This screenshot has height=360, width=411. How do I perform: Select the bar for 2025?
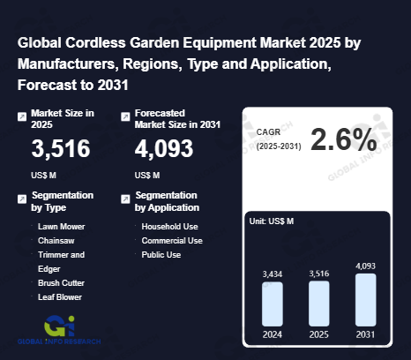318,304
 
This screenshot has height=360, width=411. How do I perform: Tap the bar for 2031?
365,299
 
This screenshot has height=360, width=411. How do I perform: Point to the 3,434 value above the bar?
272,274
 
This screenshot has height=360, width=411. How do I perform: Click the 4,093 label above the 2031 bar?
365,265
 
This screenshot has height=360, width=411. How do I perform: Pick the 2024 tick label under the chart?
272,334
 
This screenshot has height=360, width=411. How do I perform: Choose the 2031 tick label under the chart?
365,334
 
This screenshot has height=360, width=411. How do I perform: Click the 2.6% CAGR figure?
343,139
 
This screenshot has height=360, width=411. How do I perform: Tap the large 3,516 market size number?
60,149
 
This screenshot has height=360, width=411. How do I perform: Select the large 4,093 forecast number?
164,149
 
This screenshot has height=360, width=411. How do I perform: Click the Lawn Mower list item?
60,227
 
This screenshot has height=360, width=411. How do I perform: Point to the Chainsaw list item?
56,241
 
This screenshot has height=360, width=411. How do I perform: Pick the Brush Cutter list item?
61,283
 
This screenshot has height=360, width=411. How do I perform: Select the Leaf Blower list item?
60,297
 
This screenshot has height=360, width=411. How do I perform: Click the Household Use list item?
170,227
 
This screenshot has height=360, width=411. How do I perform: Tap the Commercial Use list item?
172,241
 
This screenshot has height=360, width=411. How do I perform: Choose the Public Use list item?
161,255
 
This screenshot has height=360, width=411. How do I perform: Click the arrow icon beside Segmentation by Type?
22,200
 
